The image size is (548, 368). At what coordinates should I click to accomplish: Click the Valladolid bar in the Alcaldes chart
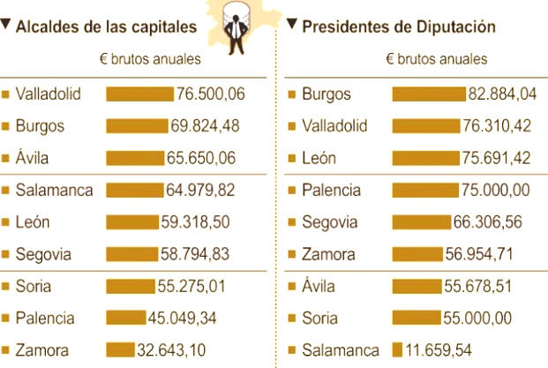[x=139, y=94]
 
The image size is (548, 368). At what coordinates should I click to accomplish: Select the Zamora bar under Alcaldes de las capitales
[x=119, y=350]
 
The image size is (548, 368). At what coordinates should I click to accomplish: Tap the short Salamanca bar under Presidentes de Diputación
[x=397, y=350]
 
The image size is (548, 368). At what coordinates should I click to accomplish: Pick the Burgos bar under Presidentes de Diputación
[x=427, y=94]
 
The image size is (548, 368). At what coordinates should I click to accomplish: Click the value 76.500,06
[x=210, y=94]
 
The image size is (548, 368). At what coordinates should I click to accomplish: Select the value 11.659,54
[x=446, y=350]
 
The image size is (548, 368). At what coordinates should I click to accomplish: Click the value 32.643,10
[x=171, y=350]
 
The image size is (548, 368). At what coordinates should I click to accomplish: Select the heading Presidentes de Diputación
[x=398, y=26]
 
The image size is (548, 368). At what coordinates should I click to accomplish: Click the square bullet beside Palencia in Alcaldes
[x=6, y=318]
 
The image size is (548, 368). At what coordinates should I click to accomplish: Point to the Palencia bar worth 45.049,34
[x=125, y=318]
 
